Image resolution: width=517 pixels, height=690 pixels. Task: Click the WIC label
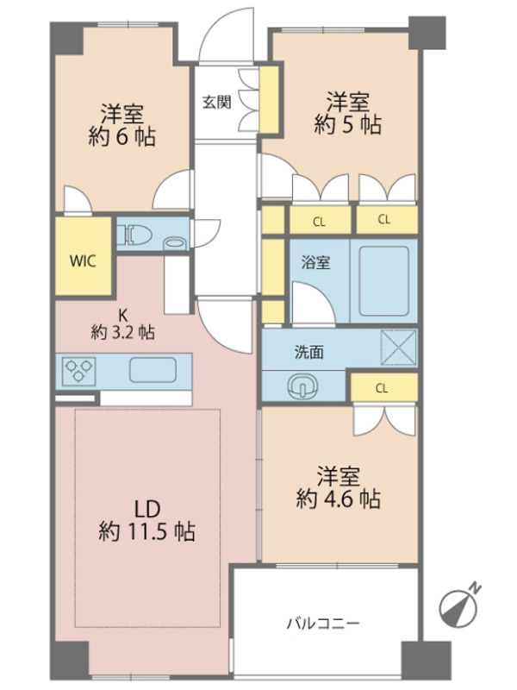coord(83,261)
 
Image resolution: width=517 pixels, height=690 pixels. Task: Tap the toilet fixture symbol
coord(135,234)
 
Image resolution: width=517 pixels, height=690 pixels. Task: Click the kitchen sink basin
coord(153,370)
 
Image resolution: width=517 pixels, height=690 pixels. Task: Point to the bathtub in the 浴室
coord(383,281)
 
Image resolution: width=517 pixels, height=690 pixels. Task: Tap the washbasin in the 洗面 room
coord(303,386)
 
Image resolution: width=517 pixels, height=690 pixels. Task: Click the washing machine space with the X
coord(398,348)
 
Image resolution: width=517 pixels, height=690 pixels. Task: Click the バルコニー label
coord(324,623)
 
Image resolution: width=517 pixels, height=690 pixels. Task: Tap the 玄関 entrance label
coord(217,103)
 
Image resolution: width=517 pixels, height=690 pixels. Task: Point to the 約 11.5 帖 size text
coord(146,531)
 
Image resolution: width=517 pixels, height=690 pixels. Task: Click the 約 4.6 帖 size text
coord(339,499)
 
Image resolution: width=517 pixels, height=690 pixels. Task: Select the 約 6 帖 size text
coord(121,137)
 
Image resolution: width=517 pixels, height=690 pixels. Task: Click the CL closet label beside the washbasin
coord(382,388)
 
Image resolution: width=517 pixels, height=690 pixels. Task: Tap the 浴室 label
coord(315,262)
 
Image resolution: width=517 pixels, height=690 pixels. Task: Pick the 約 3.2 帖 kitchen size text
coord(122,332)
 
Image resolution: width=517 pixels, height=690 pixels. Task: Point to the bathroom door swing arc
coord(313,303)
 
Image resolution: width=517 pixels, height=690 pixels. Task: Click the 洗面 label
coord(309,352)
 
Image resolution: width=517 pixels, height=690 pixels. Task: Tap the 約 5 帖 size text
coord(347,124)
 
